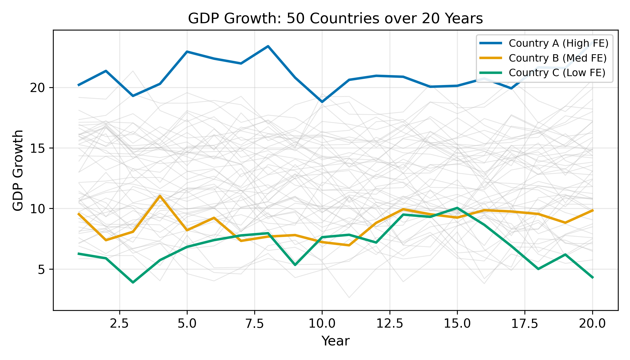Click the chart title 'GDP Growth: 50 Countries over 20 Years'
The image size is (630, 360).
[x=335, y=19]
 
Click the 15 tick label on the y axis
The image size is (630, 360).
[x=37, y=148]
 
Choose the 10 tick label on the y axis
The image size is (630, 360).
[x=37, y=209]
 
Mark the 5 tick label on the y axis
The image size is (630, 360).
[x=41, y=269]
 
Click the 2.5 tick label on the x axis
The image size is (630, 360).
[x=119, y=324]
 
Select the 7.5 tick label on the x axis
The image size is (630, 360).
[x=255, y=324]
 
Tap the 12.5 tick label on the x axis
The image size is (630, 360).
[x=389, y=324]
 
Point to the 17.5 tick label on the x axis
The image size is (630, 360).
[x=525, y=324]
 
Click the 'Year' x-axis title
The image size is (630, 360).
[x=335, y=341]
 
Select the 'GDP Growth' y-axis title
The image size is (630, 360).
[x=18, y=170]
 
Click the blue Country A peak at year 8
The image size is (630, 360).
[x=268, y=46]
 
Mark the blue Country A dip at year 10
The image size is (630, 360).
[x=322, y=102]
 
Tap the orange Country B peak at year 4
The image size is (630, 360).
[x=160, y=196]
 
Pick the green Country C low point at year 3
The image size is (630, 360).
[x=133, y=282]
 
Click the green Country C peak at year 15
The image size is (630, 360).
[x=457, y=208]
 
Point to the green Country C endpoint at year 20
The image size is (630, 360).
[x=592, y=277]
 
